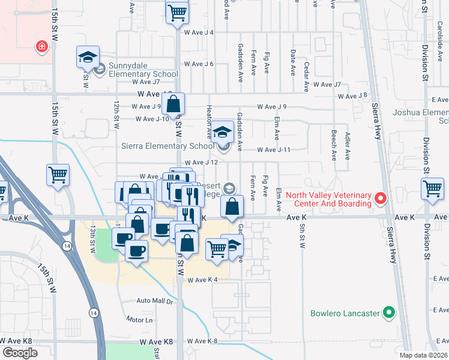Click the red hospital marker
click(41, 46)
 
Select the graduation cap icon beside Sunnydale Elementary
click(87, 58)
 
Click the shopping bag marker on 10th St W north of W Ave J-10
click(173, 104)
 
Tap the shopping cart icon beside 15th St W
click(58, 176)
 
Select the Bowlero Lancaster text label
click(346, 313)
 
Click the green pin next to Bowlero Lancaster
click(389, 313)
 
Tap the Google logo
click(20, 353)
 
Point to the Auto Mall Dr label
click(154, 301)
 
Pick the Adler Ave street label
click(348, 147)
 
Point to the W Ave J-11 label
click(274, 150)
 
